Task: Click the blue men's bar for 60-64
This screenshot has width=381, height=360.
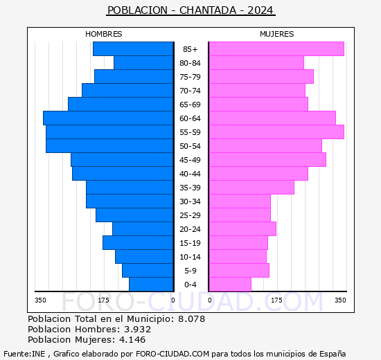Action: point(108,118)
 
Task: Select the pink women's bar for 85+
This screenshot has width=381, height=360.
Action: point(276,49)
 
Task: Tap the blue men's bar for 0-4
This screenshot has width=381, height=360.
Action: point(151,285)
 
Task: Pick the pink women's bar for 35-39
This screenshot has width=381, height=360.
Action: point(251,188)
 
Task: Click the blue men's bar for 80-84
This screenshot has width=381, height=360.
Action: point(143,63)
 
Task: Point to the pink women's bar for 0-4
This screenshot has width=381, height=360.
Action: point(229,285)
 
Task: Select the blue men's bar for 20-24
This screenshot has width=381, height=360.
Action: point(143,229)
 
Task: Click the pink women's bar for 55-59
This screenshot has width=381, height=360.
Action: point(276,132)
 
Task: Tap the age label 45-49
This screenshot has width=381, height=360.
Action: point(190,160)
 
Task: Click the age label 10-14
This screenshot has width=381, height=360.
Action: point(190,257)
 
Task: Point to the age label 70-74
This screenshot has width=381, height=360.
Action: point(190,91)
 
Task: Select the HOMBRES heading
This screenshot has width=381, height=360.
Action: point(104,34)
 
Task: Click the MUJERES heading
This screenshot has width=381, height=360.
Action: point(276,34)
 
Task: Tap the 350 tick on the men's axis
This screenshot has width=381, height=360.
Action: point(41,300)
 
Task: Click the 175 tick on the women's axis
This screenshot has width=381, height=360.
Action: point(277,300)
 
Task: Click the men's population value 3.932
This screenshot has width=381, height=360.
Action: point(136,329)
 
